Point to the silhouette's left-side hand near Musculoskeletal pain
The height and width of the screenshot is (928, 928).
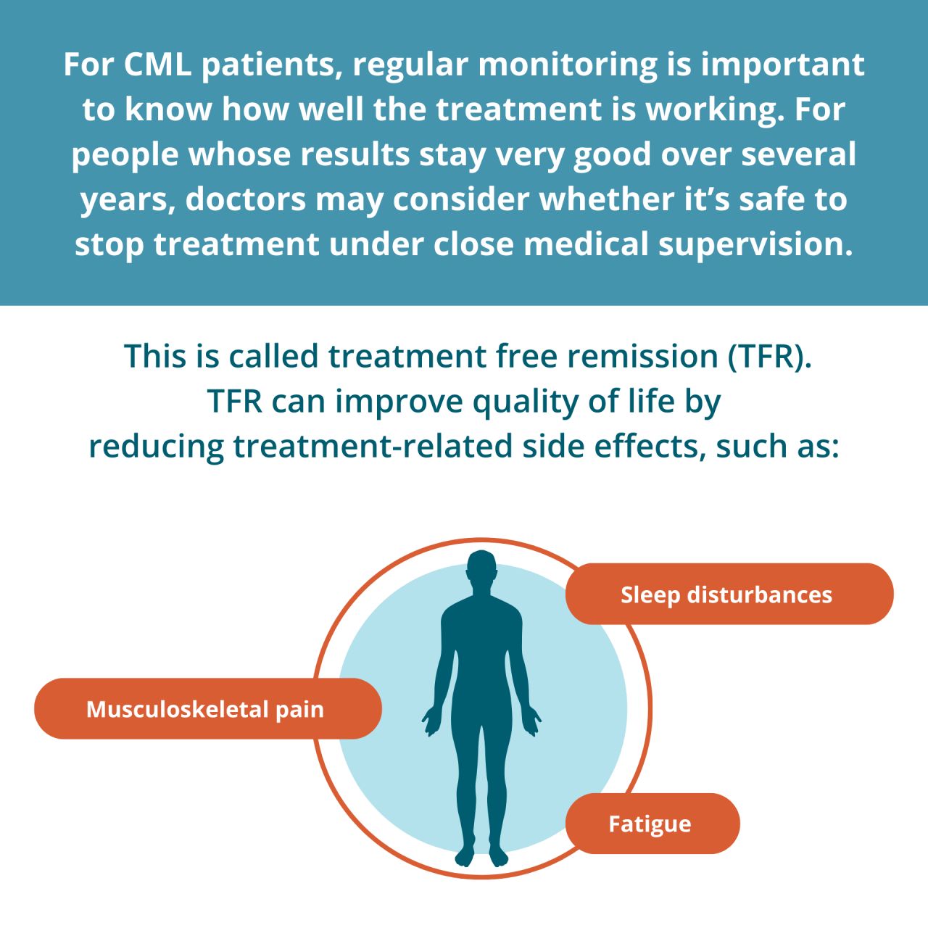point(431,721)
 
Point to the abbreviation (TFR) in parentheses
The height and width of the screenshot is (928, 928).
point(769,357)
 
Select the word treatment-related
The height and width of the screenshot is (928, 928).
point(373,447)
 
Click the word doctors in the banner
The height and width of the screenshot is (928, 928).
point(246,199)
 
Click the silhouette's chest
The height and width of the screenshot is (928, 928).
point(481,631)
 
